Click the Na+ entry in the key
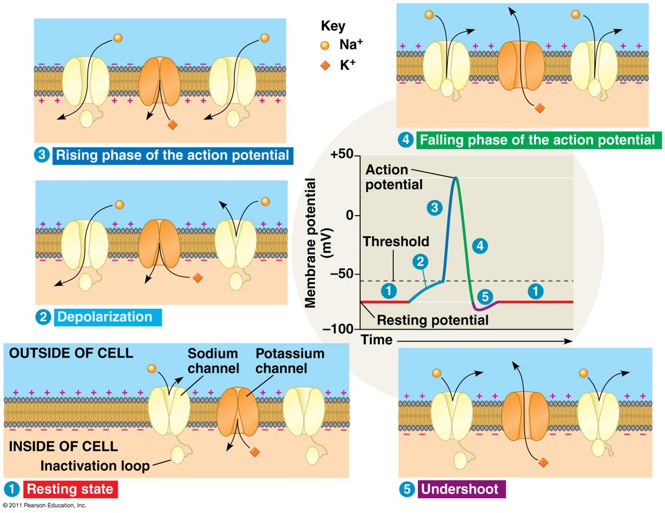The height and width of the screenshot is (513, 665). [x=343, y=46]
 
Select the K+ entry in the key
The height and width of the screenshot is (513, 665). [x=343, y=65]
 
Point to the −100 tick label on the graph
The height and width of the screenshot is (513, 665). [x=338, y=329]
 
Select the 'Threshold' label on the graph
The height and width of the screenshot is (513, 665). [x=396, y=241]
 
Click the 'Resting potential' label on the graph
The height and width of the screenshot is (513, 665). [x=433, y=320]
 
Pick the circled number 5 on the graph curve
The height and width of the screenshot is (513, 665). [x=483, y=297]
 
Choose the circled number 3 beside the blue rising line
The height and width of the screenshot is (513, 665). [x=435, y=208]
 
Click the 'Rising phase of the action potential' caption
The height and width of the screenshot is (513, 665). [x=172, y=156]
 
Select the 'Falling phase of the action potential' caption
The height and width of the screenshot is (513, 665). [x=537, y=140]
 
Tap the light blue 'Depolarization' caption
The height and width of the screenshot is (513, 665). [x=105, y=317]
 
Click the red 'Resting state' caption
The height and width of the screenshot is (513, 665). [x=70, y=489]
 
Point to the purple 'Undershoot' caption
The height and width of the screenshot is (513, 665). [x=460, y=490]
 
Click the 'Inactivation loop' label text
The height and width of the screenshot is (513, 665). [x=95, y=466]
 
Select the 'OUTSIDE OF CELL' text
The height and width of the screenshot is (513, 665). [x=71, y=353]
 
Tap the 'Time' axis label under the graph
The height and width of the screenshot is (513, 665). [x=376, y=340]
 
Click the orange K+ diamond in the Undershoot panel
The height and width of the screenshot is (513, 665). [x=543, y=462]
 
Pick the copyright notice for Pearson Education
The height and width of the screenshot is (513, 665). [x=44, y=506]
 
